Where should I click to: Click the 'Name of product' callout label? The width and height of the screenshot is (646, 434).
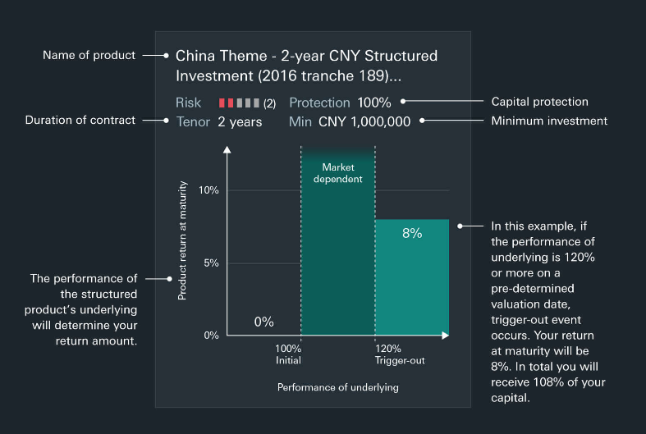(89, 56)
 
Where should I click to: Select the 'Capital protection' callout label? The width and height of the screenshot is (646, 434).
(539, 103)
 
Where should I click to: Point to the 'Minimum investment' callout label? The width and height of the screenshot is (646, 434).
(548, 121)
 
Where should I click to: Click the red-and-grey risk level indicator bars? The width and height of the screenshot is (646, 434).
(240, 103)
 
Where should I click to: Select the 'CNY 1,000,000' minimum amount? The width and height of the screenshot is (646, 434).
(364, 121)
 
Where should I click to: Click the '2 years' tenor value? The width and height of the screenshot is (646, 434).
(240, 121)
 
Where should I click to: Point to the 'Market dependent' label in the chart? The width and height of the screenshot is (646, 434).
(337, 172)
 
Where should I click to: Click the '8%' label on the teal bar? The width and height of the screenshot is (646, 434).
(412, 233)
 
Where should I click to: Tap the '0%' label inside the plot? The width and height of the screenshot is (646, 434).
(263, 322)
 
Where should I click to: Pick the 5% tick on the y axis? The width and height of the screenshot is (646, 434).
(211, 263)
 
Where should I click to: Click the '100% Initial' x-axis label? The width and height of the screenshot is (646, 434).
(288, 354)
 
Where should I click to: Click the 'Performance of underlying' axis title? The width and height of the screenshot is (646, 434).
(337, 386)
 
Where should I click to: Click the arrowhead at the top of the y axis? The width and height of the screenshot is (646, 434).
(227, 150)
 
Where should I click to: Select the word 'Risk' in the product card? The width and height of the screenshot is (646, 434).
(188, 103)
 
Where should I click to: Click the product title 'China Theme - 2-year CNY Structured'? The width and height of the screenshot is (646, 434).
(305, 57)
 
